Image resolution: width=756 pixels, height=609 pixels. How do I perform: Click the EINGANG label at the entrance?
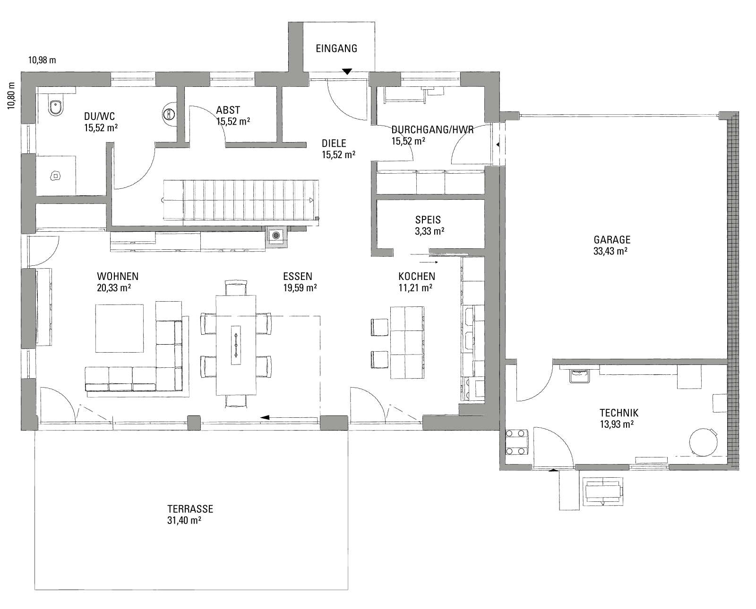point(336,49)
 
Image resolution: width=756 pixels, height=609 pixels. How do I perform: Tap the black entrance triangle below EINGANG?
point(347,72)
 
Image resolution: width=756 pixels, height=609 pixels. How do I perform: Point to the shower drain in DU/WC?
point(55,176)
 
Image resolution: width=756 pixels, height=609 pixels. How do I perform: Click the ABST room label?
point(228,110)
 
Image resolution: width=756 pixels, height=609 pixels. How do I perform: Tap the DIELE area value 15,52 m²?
point(339,155)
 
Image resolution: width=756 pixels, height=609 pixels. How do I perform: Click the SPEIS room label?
point(428,220)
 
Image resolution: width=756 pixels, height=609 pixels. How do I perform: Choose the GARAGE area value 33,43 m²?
point(610,251)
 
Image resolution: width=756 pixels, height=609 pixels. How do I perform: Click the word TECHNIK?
point(619,413)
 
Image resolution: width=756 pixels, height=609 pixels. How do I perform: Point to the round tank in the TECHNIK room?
point(703,441)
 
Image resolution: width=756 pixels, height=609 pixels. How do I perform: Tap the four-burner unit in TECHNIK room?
point(517,442)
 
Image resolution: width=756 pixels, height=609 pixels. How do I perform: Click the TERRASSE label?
point(190,509)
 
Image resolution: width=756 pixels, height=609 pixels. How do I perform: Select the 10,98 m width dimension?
point(42,60)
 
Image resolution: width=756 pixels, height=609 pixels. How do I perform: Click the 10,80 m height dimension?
point(12,95)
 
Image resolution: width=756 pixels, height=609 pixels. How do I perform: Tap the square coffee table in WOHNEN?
point(120,328)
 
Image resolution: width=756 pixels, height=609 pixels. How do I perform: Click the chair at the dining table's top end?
point(236,288)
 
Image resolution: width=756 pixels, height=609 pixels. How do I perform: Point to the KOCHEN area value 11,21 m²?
point(415,288)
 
